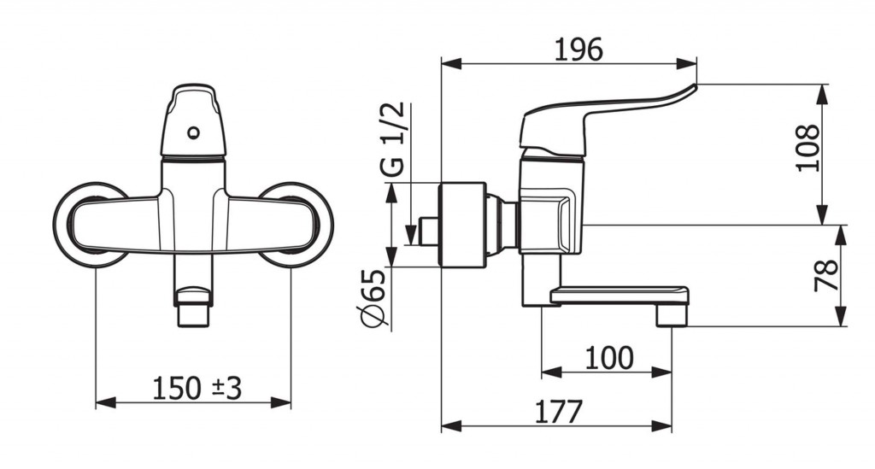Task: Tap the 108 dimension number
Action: pyautogui.click(x=809, y=148)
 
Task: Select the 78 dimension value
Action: pyautogui.click(x=826, y=275)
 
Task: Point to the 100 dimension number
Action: pyautogui.click(x=609, y=357)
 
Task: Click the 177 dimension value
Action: pyautogui.click(x=559, y=412)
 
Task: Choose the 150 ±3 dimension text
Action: pyautogui.click(x=197, y=388)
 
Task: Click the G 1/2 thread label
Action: pyautogui.click(x=395, y=141)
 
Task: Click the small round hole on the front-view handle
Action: pyautogui.click(x=194, y=132)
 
